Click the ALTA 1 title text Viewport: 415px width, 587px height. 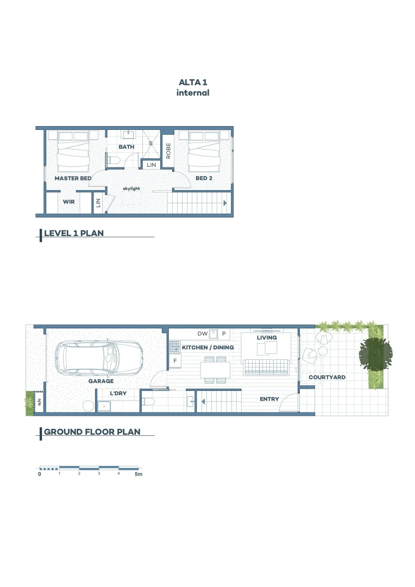coord(193,82)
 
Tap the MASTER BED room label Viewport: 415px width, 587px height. coord(69,178)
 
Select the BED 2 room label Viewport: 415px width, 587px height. coord(204,178)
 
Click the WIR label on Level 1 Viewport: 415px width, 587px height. coord(68,201)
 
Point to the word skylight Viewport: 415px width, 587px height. coord(131,189)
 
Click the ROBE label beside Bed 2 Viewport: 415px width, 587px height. coord(168,151)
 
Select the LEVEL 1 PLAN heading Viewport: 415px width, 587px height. coord(73,233)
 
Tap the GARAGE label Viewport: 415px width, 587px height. coord(101,381)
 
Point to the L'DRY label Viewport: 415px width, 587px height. coord(118,392)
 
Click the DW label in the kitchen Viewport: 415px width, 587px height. coord(202,334)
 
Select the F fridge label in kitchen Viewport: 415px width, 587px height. coord(175,360)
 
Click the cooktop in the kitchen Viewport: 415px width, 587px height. coord(175,346)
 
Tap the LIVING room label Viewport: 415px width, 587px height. coord(267,338)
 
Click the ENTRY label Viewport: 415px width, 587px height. coord(269,399)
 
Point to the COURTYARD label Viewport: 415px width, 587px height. coord(327,377)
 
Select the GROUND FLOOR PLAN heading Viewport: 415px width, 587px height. coord(92,432)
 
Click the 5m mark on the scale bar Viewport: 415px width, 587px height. coord(139,474)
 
